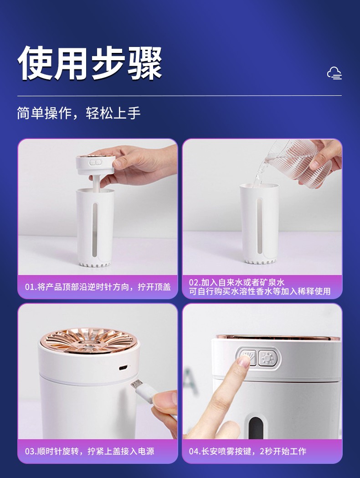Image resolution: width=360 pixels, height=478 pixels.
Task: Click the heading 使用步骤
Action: coord(89,63)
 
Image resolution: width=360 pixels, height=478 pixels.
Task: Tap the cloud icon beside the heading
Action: coord(334,73)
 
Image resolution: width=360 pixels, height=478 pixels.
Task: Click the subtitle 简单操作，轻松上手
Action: coord(78,113)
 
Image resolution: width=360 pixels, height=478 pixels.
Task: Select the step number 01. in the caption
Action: coord(31,287)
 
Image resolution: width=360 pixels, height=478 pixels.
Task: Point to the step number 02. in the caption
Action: coord(195,282)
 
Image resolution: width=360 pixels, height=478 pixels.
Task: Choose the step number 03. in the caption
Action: coord(31,451)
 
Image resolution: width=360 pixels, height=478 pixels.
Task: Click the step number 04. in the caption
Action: coord(195,451)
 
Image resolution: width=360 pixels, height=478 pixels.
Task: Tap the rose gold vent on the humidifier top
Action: coord(88,341)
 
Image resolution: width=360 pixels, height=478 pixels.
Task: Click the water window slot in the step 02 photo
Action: coord(259,226)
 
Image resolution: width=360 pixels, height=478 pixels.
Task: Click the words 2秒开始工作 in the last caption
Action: coord(283,451)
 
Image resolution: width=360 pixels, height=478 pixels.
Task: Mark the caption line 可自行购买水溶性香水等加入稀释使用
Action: coord(260,291)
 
